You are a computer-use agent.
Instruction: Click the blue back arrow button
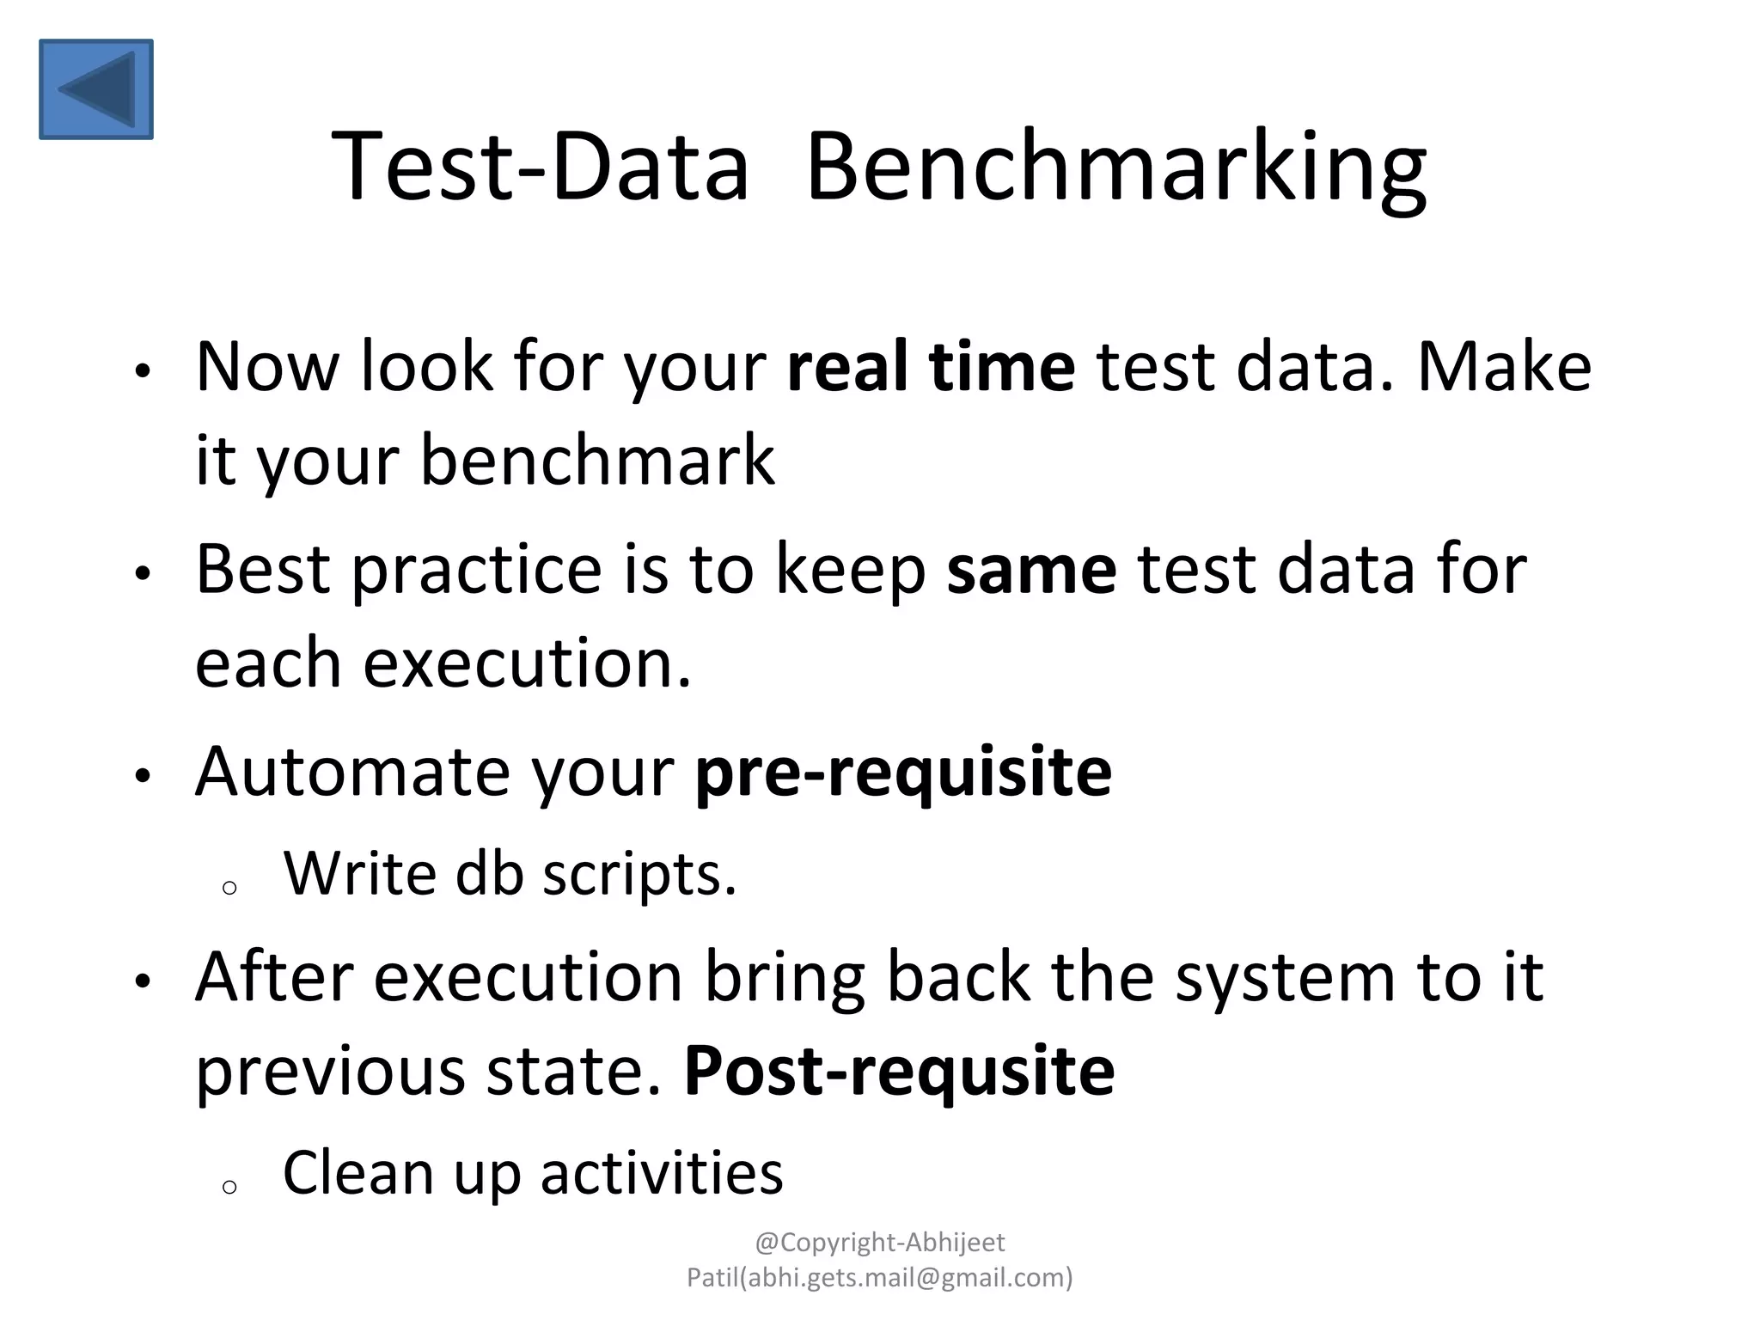[x=96, y=89]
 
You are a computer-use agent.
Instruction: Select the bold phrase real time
[x=931, y=367]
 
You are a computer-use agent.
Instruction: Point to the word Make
[x=1504, y=367]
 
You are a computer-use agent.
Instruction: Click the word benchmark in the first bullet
[x=597, y=461]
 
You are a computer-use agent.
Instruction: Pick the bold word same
[x=1031, y=570]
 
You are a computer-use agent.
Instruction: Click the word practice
[x=477, y=570]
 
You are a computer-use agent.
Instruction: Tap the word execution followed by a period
[x=527, y=663]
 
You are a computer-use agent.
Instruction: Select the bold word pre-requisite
[x=903, y=772]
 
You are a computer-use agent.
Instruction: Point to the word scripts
[x=639, y=875]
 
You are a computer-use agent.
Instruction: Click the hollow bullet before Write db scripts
[x=229, y=888]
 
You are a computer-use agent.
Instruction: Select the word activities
[x=662, y=1173]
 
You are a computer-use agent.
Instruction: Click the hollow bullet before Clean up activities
[x=229, y=1188]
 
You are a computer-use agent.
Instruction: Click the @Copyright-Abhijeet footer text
[x=879, y=1243]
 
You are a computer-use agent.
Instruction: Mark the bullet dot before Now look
[x=143, y=372]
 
